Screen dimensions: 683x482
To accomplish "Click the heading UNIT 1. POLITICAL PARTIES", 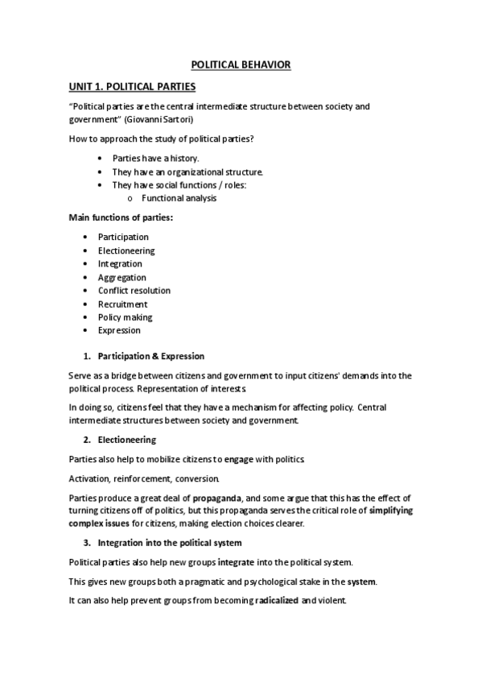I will pyautogui.click(x=132, y=85).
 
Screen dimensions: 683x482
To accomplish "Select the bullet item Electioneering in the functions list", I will pyautogui.click(x=126, y=250).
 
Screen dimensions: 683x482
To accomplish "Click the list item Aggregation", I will pyautogui.click(x=122, y=277).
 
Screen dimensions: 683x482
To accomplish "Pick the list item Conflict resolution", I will pyautogui.click(x=134, y=290).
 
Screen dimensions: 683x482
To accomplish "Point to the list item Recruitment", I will pyautogui.click(x=122, y=304).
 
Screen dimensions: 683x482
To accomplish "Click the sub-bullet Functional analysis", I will pyautogui.click(x=179, y=198).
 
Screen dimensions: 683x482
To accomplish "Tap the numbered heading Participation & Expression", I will pyautogui.click(x=150, y=356).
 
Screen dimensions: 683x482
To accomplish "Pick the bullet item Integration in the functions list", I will pyautogui.click(x=120, y=263).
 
